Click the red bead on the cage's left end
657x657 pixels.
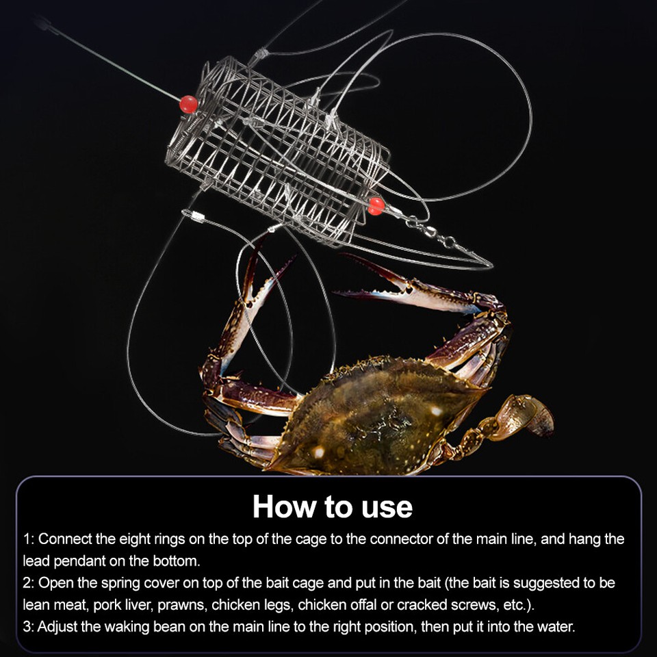188,105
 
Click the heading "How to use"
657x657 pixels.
333,506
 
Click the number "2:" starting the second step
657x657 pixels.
29,583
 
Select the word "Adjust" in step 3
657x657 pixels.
60,627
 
